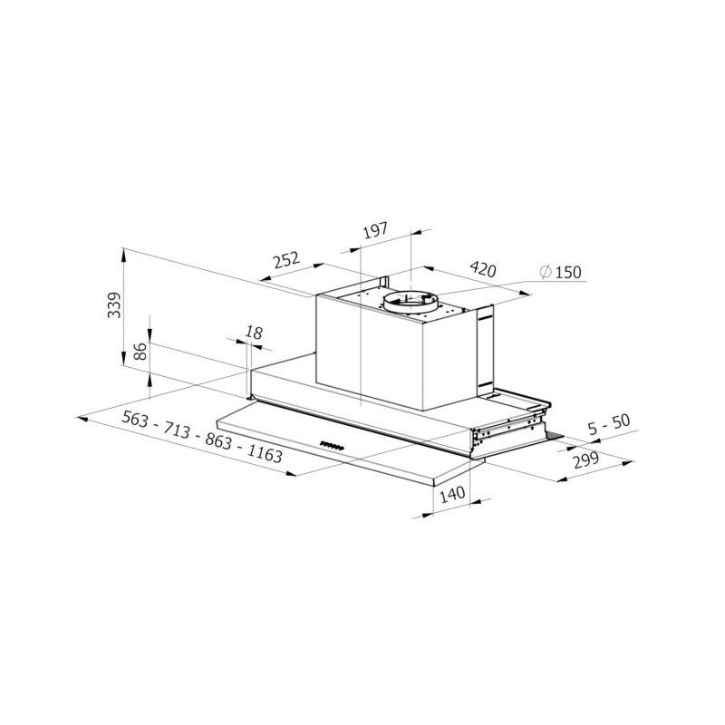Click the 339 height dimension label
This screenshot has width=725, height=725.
114,304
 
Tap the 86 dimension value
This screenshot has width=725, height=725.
141,352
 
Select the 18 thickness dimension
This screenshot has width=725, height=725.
254,332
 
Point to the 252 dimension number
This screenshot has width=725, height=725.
287,260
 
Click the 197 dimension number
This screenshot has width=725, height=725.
374,231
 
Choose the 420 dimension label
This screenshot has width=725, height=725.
482,268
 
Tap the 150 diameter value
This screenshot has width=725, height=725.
568,273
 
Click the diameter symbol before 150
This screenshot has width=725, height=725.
546,272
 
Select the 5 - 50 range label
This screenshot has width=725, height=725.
609,425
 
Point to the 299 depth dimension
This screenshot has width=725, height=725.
585,460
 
